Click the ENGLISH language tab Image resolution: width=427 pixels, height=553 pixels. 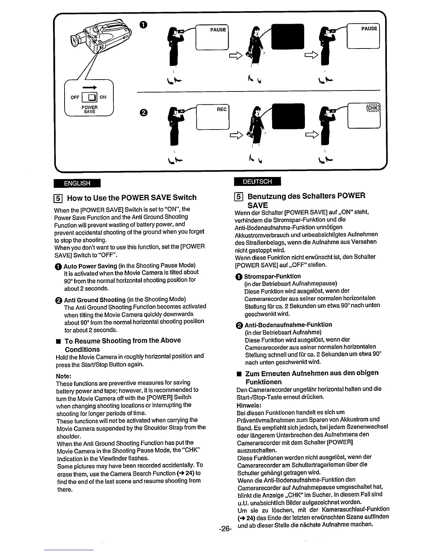[x=77, y=183]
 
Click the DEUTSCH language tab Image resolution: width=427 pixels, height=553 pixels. [x=257, y=182]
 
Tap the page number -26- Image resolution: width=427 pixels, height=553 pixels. [x=225, y=529]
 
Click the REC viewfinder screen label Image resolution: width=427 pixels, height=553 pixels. [x=222, y=109]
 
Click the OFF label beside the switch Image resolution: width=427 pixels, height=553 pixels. [x=75, y=97]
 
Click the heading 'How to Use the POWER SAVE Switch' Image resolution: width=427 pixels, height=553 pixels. [x=132, y=198]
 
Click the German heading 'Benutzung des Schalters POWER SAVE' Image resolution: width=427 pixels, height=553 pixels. [x=306, y=200]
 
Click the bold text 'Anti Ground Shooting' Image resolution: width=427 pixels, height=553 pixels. [x=95, y=300]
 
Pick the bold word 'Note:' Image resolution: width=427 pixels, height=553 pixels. [x=64, y=376]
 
